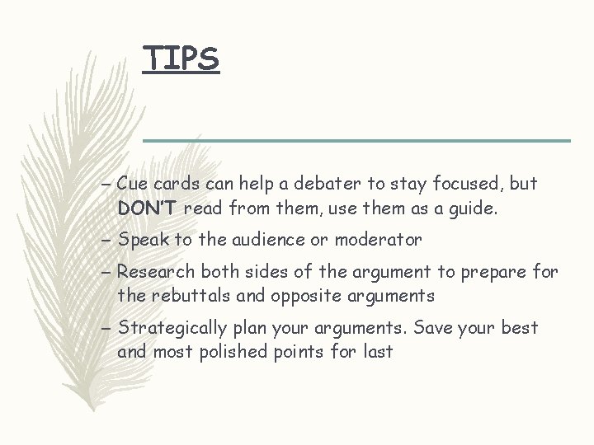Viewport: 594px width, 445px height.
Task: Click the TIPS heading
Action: pyautogui.click(x=181, y=58)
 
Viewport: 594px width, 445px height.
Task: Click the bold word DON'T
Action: pyautogui.click(x=148, y=208)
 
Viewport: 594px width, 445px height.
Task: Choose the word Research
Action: pyautogui.click(x=157, y=272)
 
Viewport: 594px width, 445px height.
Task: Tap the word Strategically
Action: pyautogui.click(x=172, y=328)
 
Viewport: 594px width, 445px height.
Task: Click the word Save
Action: pyautogui.click(x=433, y=327)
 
